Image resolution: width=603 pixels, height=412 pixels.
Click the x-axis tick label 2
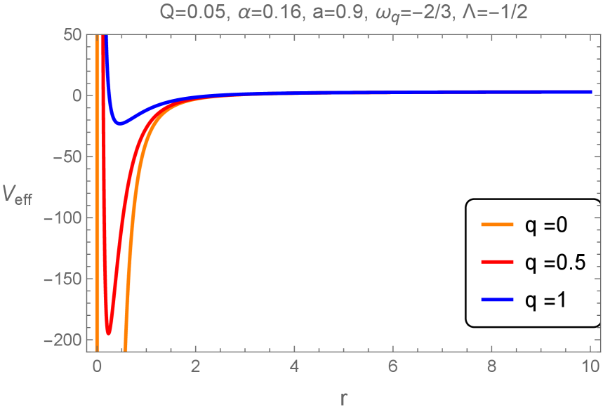coord(196,365)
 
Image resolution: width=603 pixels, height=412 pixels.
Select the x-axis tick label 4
coord(294,365)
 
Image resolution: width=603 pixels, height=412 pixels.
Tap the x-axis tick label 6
coord(393,365)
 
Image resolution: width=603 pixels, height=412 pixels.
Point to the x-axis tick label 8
coord(491,365)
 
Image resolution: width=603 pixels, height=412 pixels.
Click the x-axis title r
coord(343,398)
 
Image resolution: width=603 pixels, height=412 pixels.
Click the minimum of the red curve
coord(109,333)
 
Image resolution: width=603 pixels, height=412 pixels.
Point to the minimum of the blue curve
coord(120,124)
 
